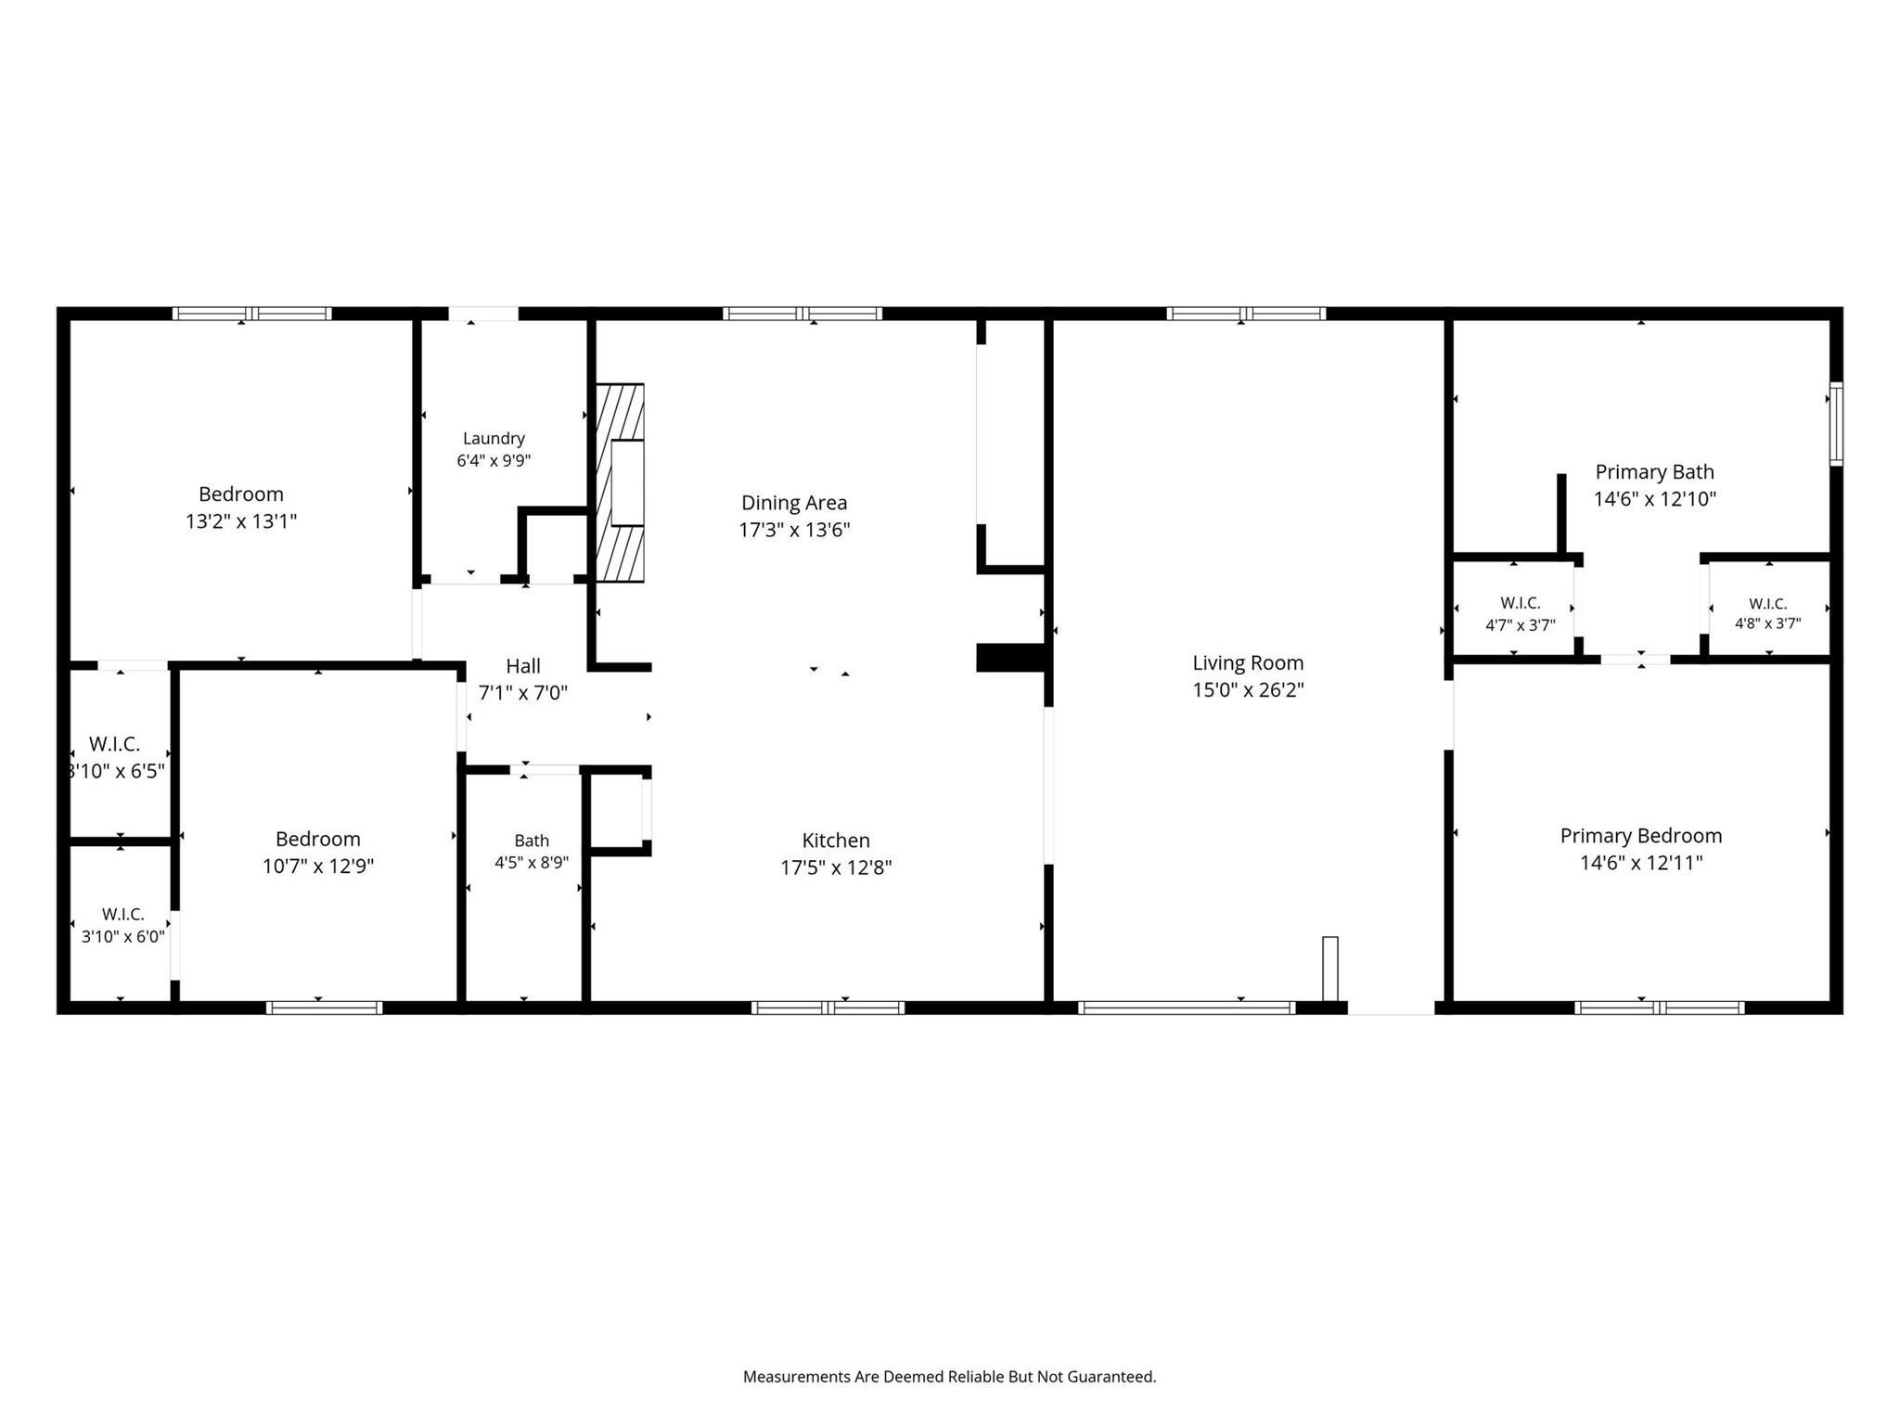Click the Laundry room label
coord(494,438)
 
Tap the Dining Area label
coord(794,503)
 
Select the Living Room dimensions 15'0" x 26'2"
coord(1248,690)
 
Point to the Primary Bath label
coord(1654,471)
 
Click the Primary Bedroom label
coord(1641,836)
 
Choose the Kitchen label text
coord(836,841)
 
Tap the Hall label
coord(523,666)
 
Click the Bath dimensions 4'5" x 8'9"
coord(532,862)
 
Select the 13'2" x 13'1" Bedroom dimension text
coord(241,521)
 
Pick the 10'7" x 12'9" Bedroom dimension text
coord(318,867)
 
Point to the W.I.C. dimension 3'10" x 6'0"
coord(123,937)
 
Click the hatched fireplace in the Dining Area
coord(619,482)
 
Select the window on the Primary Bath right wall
coord(1836,424)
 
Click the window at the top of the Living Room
coord(1246,314)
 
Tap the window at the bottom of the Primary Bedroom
coord(1660,1008)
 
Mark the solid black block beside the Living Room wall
coord(1011,657)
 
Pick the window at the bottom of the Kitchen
coord(828,1008)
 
